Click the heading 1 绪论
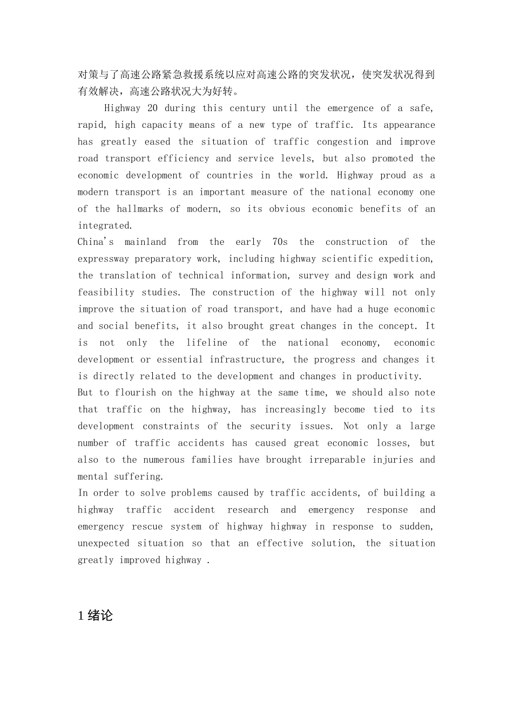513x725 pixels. pos(96,615)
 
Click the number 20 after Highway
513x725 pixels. pos(153,108)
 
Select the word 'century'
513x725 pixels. pos(248,108)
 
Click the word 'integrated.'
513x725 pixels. pos(105,225)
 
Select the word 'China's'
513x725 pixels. pos(96,242)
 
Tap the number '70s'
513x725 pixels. pos(280,242)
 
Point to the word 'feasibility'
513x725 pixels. pos(106,292)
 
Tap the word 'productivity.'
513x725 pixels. pos(389,376)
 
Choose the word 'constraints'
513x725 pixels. pos(171,426)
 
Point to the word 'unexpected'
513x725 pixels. pos(103,543)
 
